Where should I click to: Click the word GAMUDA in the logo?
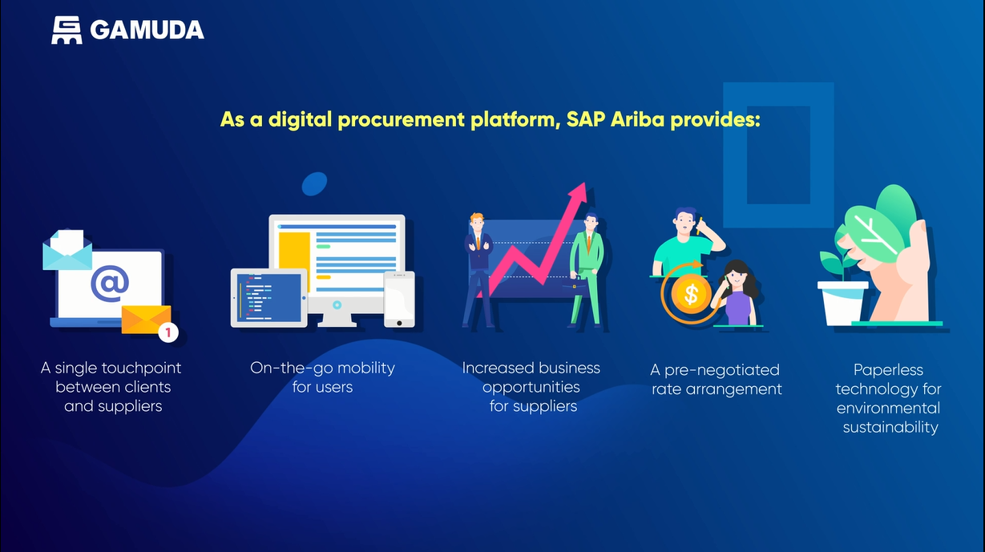pos(147,30)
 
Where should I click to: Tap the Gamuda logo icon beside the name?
pos(67,30)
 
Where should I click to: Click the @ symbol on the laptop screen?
pos(110,283)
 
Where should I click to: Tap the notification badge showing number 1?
pos(168,332)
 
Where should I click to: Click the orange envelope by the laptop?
pos(146,320)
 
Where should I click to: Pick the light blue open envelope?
pos(67,250)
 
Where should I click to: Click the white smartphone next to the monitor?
pos(399,300)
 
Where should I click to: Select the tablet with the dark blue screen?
pos(269,298)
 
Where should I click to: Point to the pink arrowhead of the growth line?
pos(579,193)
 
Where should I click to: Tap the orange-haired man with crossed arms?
pos(478,270)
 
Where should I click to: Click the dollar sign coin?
pos(691,294)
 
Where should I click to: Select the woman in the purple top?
pos(737,293)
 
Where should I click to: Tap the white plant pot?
pos(842,304)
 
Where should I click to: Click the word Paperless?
pos(888,370)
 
